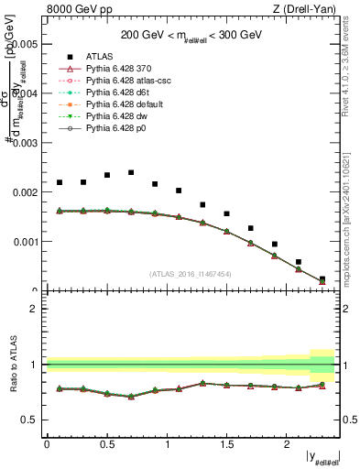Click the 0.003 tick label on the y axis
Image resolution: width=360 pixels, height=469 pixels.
[x=25, y=143]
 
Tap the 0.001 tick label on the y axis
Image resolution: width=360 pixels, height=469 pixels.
[x=25, y=242]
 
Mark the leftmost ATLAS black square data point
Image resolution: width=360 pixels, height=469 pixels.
[x=60, y=182]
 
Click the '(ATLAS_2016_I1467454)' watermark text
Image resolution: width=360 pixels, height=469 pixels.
[x=191, y=274]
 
